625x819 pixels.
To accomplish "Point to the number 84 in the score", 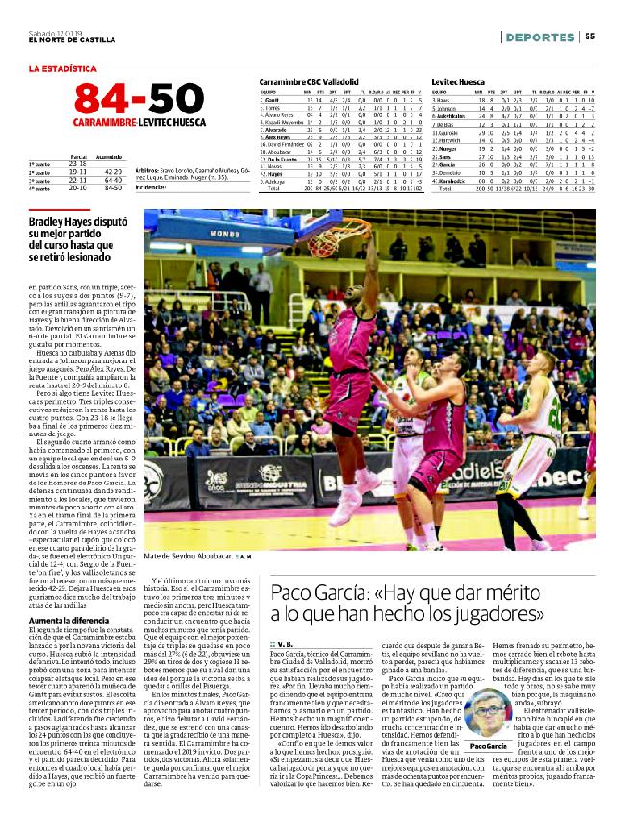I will (100, 100).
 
